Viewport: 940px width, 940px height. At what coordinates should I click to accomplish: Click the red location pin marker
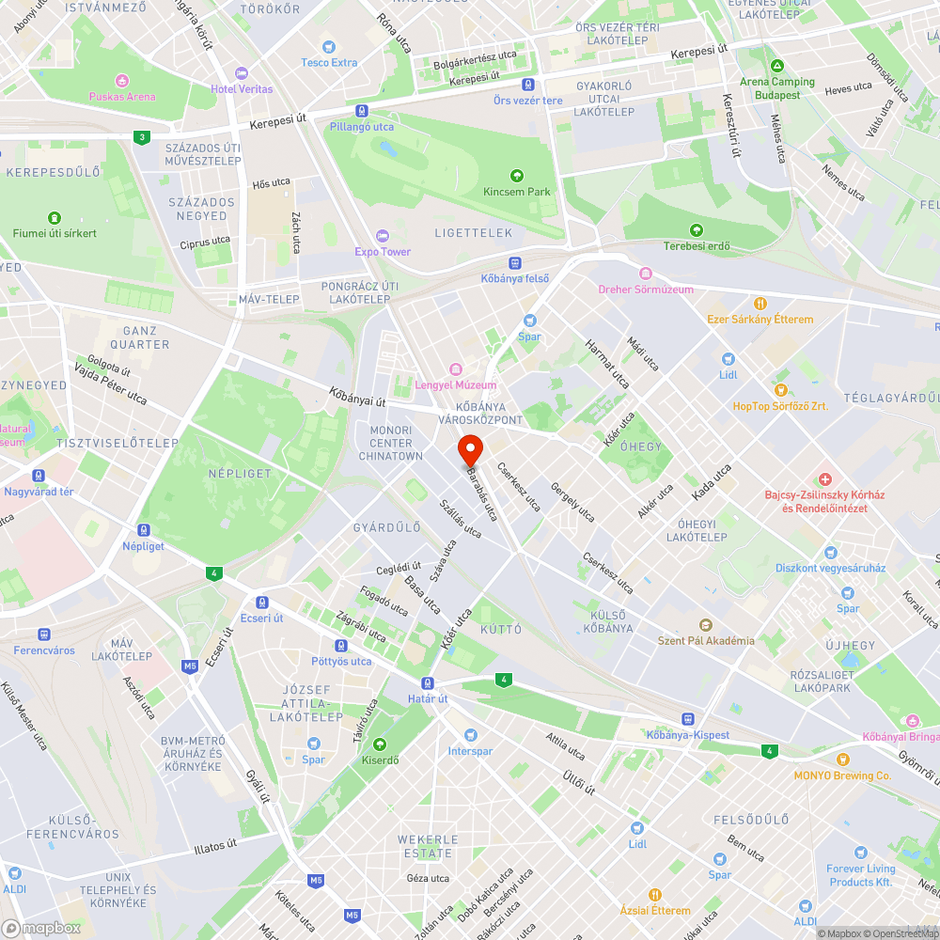[x=470, y=449]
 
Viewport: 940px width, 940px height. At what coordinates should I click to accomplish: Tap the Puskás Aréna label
[x=122, y=96]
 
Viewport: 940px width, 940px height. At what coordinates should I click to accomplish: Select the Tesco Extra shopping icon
[x=329, y=46]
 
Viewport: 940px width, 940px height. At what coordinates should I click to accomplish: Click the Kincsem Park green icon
[x=516, y=176]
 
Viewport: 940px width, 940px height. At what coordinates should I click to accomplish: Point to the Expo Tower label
[x=383, y=252]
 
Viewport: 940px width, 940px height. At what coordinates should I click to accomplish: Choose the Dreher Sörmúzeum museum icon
[x=646, y=274]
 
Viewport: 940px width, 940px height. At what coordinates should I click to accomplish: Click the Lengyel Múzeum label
[x=456, y=384]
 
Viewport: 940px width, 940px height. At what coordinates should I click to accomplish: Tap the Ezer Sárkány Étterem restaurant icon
[x=760, y=304]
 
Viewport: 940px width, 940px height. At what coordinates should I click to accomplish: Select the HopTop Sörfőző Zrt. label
[x=781, y=406]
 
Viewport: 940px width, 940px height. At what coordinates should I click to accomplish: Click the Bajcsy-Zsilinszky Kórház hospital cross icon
[x=825, y=479]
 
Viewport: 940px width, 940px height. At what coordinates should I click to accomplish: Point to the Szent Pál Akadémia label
[x=705, y=641]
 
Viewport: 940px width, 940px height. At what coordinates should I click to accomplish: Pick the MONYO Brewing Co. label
[x=842, y=775]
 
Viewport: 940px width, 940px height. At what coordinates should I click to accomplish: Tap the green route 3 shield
[x=141, y=137]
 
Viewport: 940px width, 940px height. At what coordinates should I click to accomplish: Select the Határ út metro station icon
[x=428, y=683]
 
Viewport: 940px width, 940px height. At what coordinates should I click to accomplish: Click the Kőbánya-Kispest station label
[x=688, y=734]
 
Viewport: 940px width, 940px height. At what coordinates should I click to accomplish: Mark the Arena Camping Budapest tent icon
[x=776, y=67]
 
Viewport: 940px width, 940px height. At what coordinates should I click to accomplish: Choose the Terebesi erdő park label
[x=697, y=246]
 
